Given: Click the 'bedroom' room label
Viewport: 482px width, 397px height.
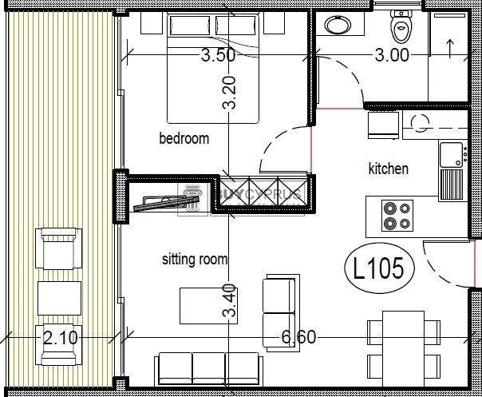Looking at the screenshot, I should click(x=184, y=138).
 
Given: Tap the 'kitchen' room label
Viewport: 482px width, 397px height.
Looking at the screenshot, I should click(x=389, y=169).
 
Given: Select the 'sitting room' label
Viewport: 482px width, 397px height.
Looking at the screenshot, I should click(x=195, y=259).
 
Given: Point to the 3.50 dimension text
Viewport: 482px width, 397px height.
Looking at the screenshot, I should click(x=218, y=56).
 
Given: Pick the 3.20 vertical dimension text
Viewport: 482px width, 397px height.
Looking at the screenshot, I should click(x=230, y=93).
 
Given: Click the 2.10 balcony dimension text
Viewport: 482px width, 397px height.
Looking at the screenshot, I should click(x=61, y=337).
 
